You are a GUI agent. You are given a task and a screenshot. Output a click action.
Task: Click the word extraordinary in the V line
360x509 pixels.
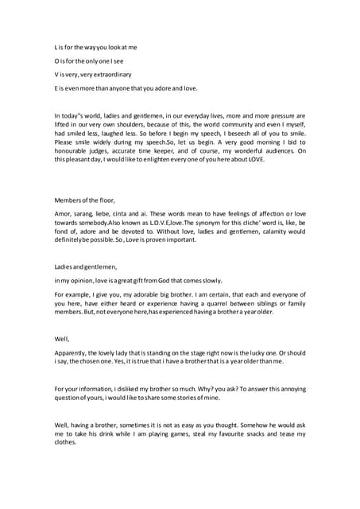pos(114,73)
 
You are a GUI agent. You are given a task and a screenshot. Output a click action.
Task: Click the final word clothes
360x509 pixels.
pos(66,445)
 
